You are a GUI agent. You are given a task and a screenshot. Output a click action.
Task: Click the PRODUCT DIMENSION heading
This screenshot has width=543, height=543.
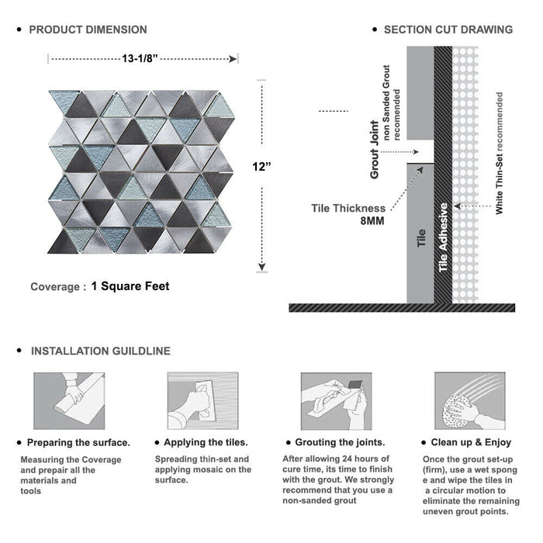(x=88, y=29)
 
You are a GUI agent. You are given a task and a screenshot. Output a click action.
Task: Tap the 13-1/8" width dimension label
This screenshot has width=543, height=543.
(x=143, y=57)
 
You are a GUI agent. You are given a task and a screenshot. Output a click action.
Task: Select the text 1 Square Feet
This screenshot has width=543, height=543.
(x=130, y=286)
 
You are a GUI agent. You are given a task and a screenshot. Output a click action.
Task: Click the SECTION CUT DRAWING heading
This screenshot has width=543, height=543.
(x=448, y=29)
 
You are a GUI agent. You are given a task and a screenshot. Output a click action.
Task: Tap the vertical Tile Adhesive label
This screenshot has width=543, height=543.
(x=444, y=237)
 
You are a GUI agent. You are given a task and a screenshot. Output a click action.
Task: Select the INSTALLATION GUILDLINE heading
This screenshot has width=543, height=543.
(x=100, y=351)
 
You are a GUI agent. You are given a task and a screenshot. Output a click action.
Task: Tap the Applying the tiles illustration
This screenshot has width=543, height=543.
(x=201, y=400)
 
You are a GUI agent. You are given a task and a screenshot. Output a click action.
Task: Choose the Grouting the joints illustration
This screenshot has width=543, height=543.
(x=335, y=400)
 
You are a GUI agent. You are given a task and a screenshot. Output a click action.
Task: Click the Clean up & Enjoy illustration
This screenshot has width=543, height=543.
(x=468, y=400)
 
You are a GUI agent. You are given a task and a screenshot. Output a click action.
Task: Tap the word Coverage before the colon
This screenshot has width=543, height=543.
(x=54, y=287)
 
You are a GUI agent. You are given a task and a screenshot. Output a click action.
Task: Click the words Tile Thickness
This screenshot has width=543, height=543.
(x=348, y=207)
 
